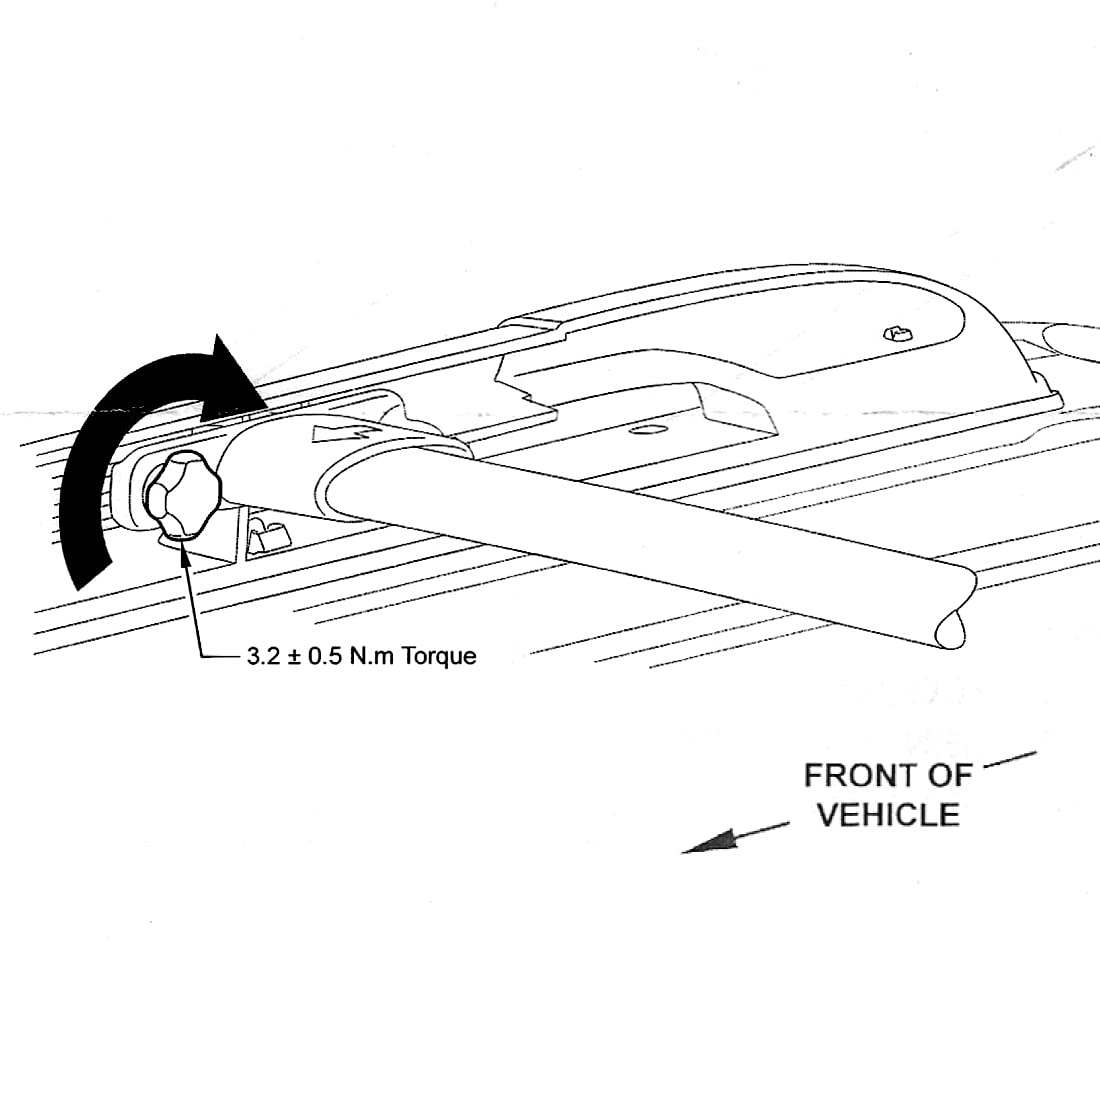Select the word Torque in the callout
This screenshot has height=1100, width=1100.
pos(439,657)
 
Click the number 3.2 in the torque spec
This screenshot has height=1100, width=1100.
pos(259,657)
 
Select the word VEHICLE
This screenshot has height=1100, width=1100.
pos(888,815)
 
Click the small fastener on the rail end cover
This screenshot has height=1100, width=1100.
pos(896,332)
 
